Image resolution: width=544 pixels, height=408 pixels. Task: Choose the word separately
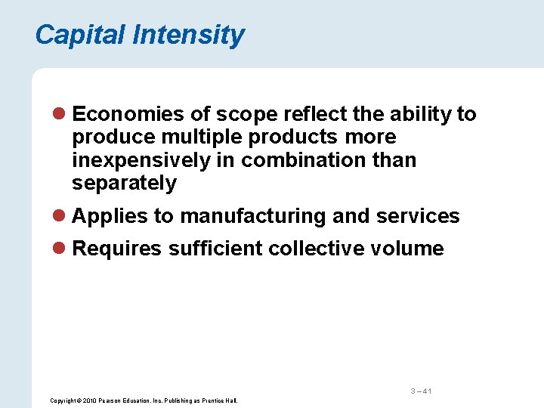[125, 183]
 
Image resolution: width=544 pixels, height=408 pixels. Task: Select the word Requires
[116, 249]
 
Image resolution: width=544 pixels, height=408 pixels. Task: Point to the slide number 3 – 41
[421, 391]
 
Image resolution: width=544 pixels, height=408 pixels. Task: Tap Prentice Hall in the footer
[219, 400]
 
